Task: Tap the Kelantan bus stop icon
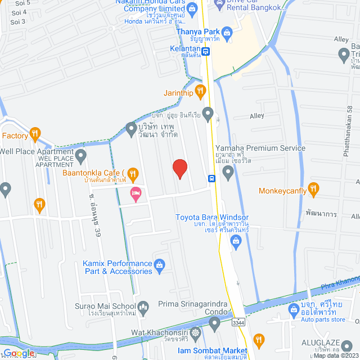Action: [206, 52]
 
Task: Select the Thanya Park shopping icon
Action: [227, 33]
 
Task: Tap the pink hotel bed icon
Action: [135, 195]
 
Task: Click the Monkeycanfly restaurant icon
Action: [314, 188]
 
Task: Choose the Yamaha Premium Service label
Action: [260, 148]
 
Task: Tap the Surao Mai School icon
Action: [143, 307]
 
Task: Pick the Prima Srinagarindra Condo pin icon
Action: [214, 323]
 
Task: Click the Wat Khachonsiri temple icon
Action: [195, 332]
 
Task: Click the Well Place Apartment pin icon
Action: [81, 154]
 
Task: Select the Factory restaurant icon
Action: [35, 133]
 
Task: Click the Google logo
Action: [18, 353]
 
